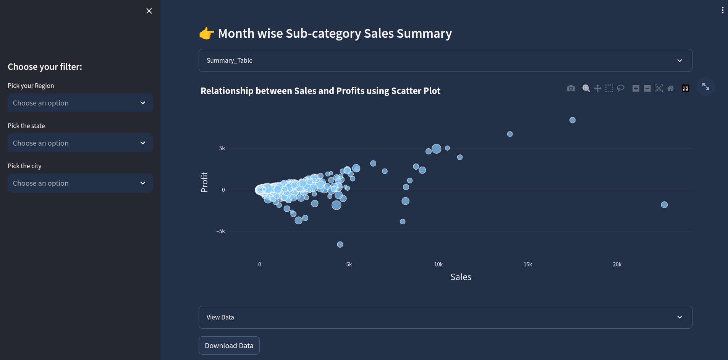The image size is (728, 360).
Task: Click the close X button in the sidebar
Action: tap(149, 11)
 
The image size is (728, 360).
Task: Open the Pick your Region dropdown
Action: tap(80, 103)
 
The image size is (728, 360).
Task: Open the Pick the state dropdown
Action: tap(80, 143)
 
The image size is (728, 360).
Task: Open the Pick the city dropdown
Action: tap(80, 183)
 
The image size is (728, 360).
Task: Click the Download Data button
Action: tap(229, 345)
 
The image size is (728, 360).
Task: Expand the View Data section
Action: tap(445, 317)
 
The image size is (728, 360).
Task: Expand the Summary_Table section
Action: tap(445, 60)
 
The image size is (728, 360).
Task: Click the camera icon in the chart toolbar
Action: tap(571, 89)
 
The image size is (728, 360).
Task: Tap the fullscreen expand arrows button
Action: tap(705, 87)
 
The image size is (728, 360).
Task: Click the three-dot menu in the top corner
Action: tap(722, 10)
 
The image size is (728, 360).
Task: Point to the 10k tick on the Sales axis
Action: tap(438, 264)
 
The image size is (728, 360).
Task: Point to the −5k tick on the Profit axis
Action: tap(221, 231)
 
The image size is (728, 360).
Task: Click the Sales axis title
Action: tap(461, 277)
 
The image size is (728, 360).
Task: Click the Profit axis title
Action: tap(204, 182)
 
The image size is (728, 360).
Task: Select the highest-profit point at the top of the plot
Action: tap(572, 120)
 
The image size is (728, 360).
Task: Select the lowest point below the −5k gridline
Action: tap(340, 245)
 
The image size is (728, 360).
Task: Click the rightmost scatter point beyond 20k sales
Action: tap(664, 205)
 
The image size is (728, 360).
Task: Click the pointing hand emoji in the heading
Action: tap(207, 34)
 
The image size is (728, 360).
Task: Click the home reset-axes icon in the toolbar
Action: tap(670, 89)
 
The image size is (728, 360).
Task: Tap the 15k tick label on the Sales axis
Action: tap(527, 264)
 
